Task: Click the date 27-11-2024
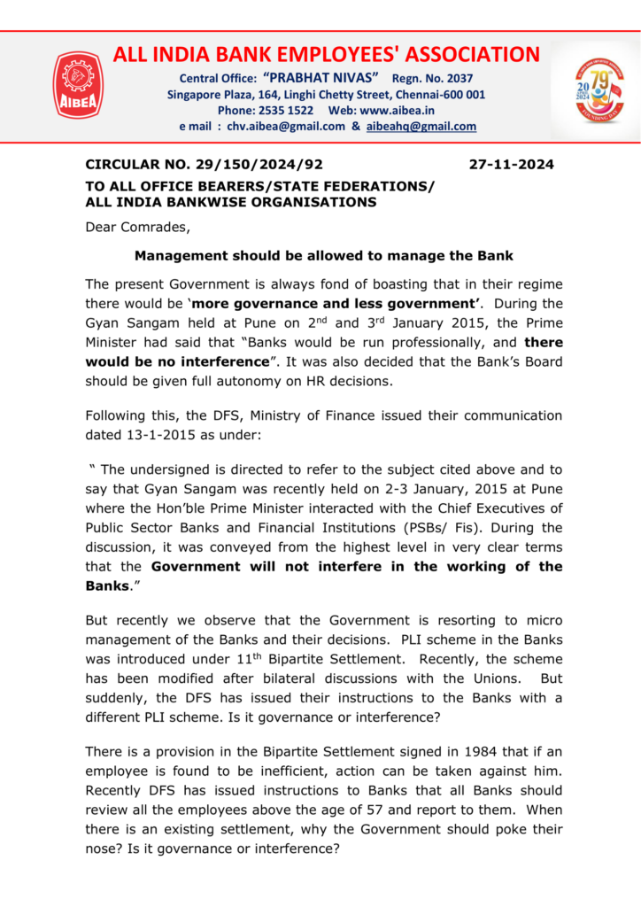tap(511, 165)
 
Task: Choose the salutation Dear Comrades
tap(137, 227)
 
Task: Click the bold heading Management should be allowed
tap(323, 256)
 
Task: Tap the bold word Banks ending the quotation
tap(107, 585)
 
